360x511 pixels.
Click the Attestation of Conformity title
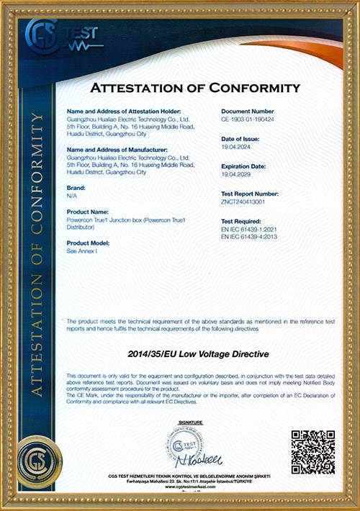193,89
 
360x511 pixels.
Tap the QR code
313,451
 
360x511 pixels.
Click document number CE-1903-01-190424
247,119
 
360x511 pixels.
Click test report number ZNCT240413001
243,202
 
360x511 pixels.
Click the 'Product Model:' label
87,243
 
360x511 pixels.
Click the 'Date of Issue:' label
239,138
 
